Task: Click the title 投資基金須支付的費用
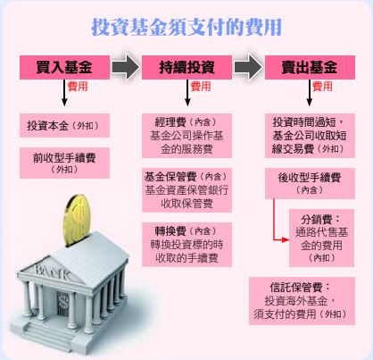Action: [x=186, y=27]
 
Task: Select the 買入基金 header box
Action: [x=64, y=67]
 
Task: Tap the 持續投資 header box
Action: [x=186, y=67]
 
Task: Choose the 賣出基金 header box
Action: [x=310, y=67]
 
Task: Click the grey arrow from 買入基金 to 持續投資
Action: [x=126, y=67]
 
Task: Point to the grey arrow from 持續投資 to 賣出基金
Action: [x=248, y=67]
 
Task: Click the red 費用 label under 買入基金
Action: [x=78, y=87]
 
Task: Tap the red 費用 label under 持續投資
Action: [x=201, y=87]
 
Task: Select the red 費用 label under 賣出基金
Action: [x=322, y=87]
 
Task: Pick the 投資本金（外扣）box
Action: [x=64, y=125]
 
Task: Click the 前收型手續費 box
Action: [x=64, y=163]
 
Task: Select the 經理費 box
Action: [x=186, y=136]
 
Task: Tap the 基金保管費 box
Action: [x=186, y=190]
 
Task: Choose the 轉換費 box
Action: [x=186, y=245]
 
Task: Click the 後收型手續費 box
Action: [x=310, y=183]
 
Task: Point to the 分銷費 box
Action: [x=321, y=238]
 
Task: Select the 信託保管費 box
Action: [x=302, y=301]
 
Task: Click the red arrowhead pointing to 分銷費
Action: [x=286, y=239]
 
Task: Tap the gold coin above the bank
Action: [x=77, y=220]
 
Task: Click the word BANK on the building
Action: [x=53, y=272]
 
